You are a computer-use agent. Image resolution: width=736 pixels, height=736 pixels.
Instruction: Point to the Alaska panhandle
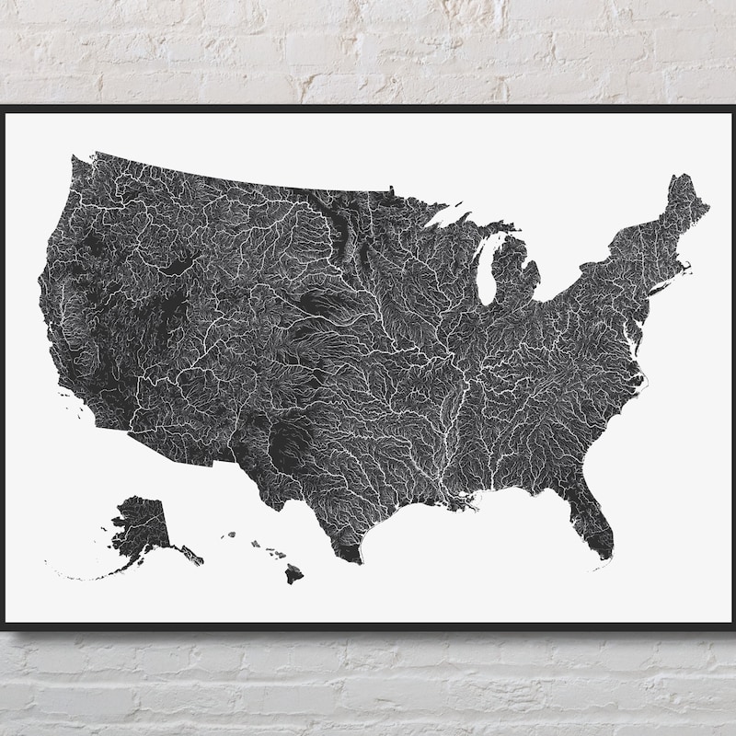pos(190,554)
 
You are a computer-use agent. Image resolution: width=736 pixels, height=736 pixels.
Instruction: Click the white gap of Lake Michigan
pos(489,267)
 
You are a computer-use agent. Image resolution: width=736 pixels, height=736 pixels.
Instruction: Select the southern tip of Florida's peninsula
pos(604,558)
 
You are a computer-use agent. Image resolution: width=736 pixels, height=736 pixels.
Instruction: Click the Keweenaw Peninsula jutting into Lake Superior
pos(457,218)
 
